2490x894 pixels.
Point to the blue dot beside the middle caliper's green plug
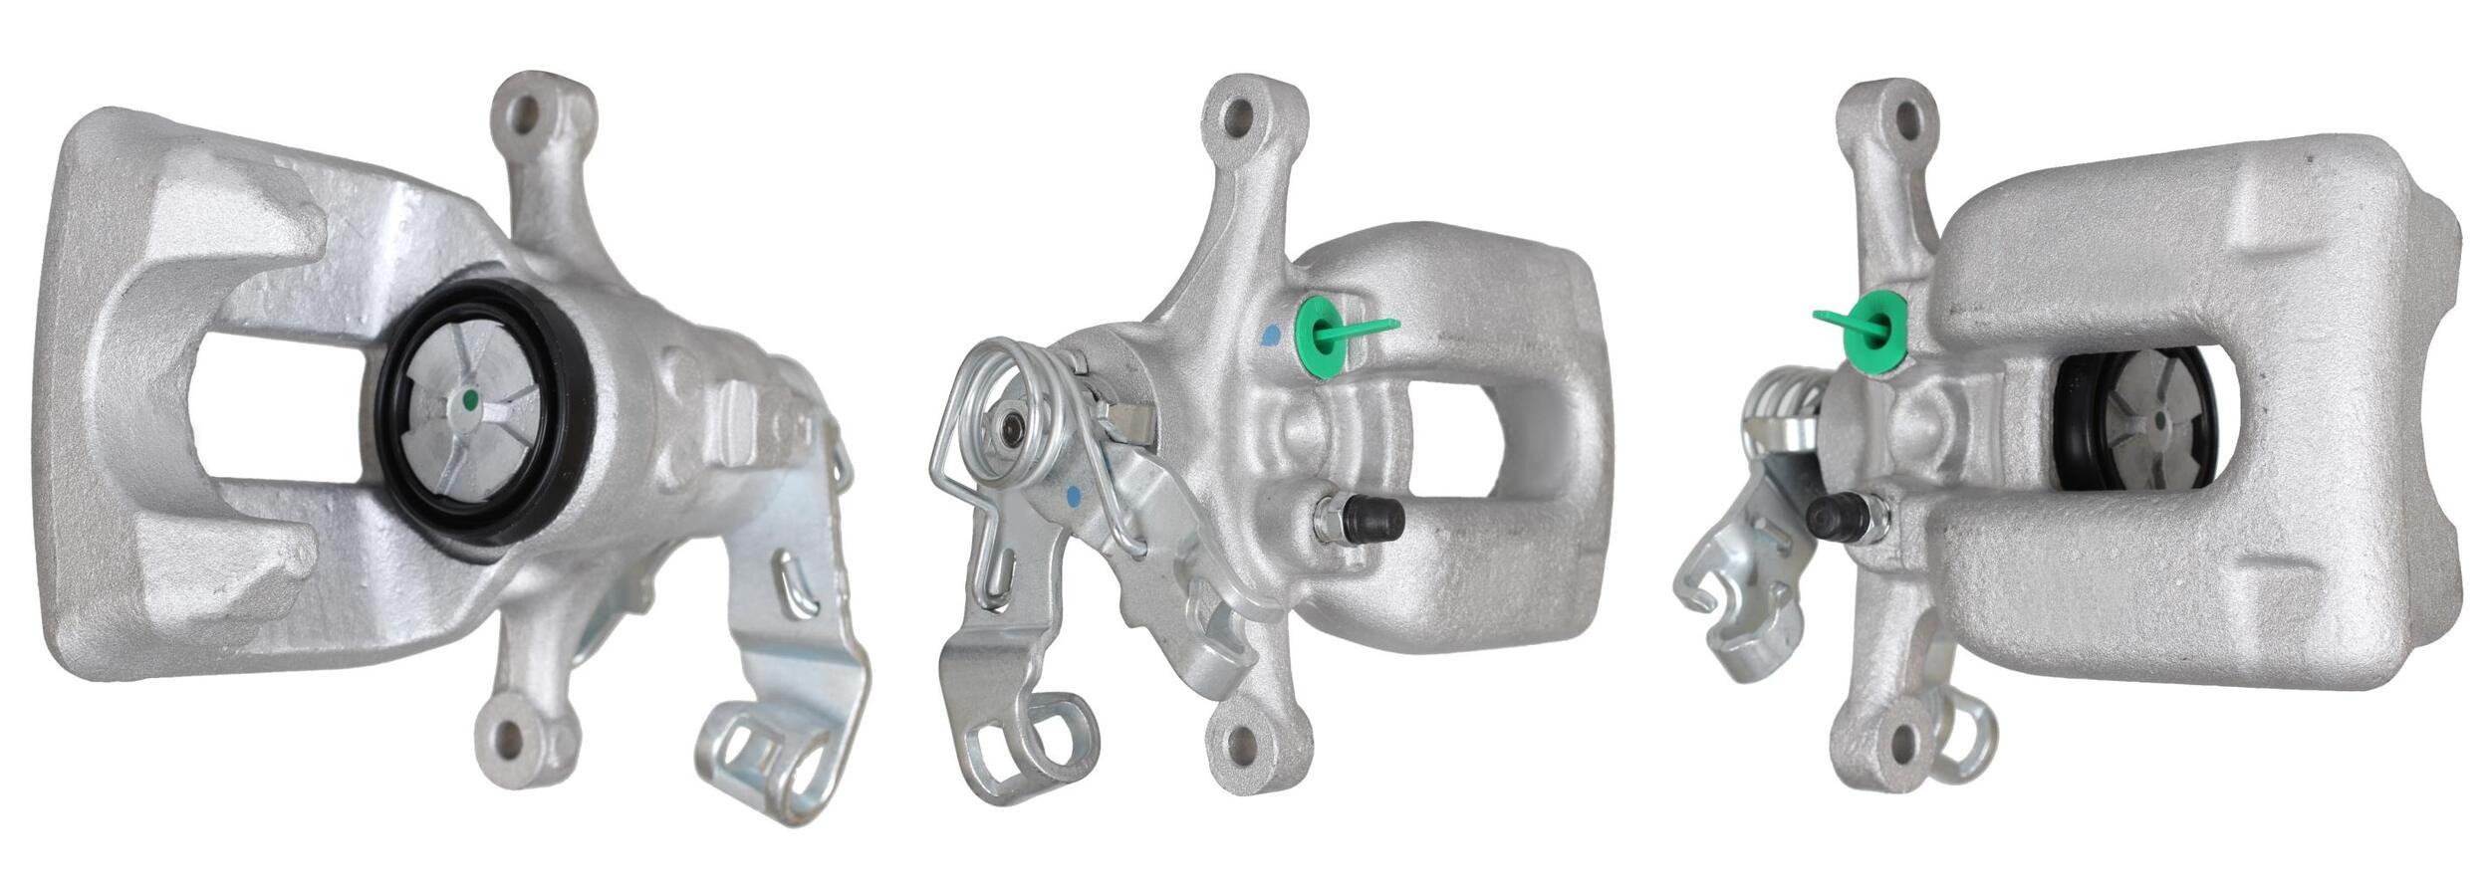click(1270, 335)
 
